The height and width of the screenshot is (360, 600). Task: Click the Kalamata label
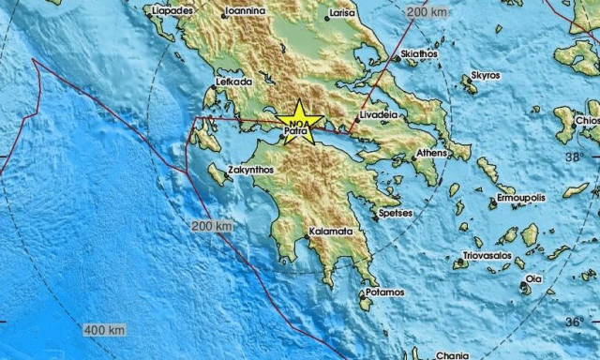pyautogui.click(x=329, y=231)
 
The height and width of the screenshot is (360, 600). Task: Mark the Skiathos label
pyautogui.click(x=418, y=54)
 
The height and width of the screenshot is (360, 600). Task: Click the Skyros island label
pyautogui.click(x=485, y=75)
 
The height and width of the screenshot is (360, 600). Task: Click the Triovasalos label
pyautogui.click(x=487, y=256)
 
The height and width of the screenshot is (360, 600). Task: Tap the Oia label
pyautogui.click(x=532, y=278)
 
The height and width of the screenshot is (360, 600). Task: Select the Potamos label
pyautogui.click(x=385, y=293)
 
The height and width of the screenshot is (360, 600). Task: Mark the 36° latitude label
pyautogui.click(x=574, y=323)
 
